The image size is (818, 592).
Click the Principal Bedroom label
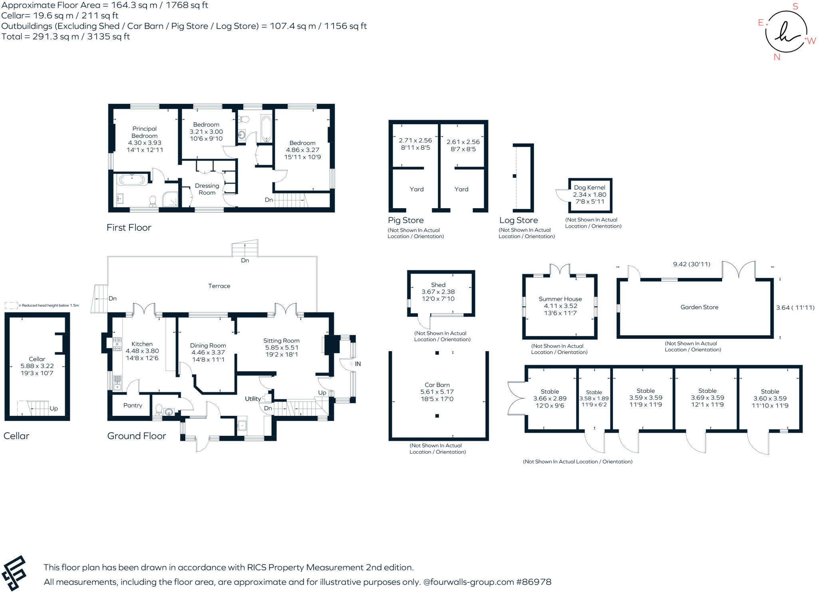pos(144,132)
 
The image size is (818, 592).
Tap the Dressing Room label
pos(207,189)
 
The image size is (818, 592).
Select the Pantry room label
pos(133,405)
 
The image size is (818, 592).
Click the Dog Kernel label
pos(590,187)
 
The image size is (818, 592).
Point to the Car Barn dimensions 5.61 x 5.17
pos(437,392)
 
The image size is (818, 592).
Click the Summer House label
pos(560,299)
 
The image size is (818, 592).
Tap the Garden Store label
pos(699,307)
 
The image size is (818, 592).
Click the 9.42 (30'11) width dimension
pos(691,264)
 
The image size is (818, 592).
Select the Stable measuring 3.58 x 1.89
pos(594,398)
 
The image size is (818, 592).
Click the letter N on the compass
pos(776,57)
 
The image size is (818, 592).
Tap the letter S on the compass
pos(795,6)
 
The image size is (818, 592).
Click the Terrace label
pos(219,286)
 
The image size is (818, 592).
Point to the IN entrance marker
pos(357,364)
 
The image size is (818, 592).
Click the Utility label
pos(252,399)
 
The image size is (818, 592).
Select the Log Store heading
pos(518,220)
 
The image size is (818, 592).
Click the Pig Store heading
pos(405,220)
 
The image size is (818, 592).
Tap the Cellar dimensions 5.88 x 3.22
pos(37,366)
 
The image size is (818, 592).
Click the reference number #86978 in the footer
pos(534,582)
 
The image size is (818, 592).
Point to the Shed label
pos(438,285)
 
